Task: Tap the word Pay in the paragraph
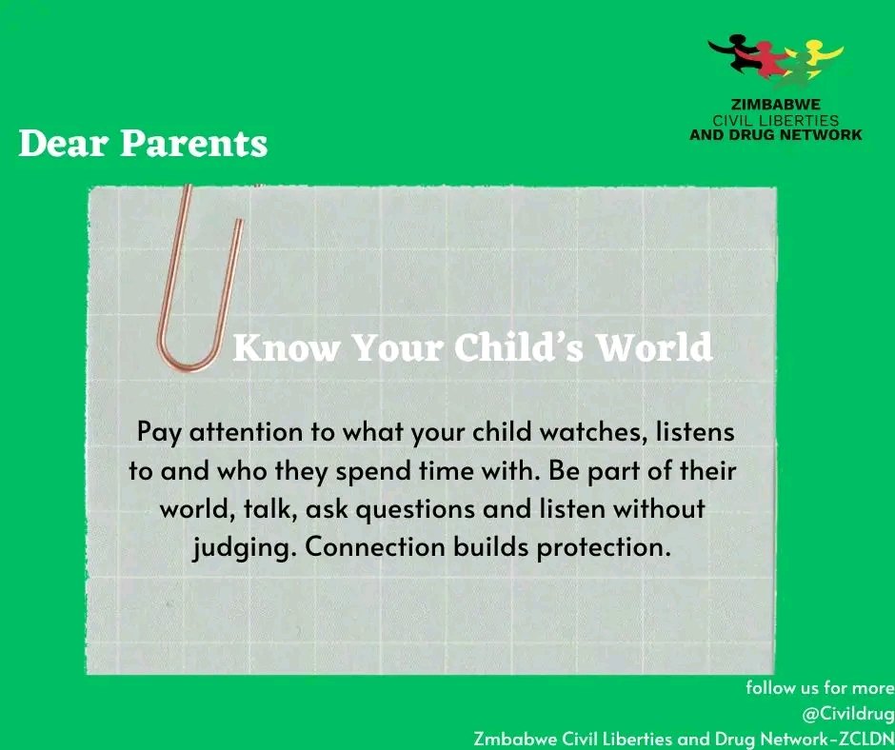click(158, 431)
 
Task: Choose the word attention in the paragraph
click(243, 431)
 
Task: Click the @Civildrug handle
click(845, 712)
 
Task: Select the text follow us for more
click(820, 687)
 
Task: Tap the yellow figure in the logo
click(814, 57)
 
